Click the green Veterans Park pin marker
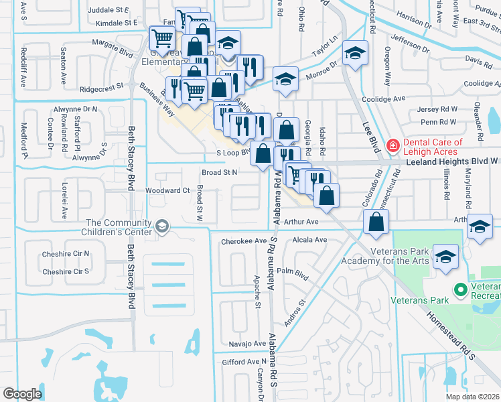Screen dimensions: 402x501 (460, 290)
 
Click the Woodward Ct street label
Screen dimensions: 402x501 (167, 191)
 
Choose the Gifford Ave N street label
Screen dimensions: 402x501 (245, 362)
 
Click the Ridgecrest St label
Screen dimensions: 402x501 (101, 87)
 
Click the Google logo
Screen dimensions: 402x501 (22, 393)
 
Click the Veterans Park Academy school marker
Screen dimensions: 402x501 (446, 258)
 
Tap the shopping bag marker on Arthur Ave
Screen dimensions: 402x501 (376, 222)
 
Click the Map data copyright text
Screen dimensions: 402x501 (473, 397)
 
